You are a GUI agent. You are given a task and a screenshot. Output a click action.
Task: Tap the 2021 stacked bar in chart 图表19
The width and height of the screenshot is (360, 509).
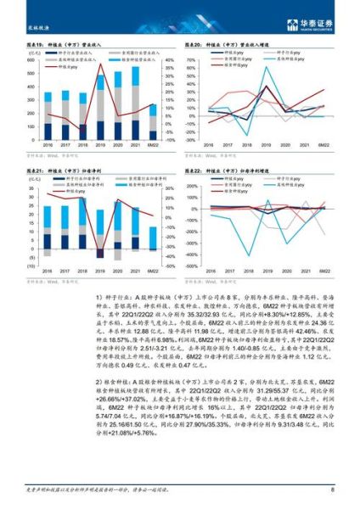[x=135, y=102]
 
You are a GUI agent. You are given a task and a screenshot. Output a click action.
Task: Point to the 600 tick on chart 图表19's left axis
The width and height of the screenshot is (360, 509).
[x=31, y=61]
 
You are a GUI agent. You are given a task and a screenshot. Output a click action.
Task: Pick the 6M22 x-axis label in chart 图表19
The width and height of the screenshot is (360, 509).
[x=152, y=146]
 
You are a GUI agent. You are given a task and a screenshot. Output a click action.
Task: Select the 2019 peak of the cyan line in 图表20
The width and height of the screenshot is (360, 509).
[x=269, y=70]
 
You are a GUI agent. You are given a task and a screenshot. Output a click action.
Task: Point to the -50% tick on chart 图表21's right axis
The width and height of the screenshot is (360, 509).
[x=168, y=266]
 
